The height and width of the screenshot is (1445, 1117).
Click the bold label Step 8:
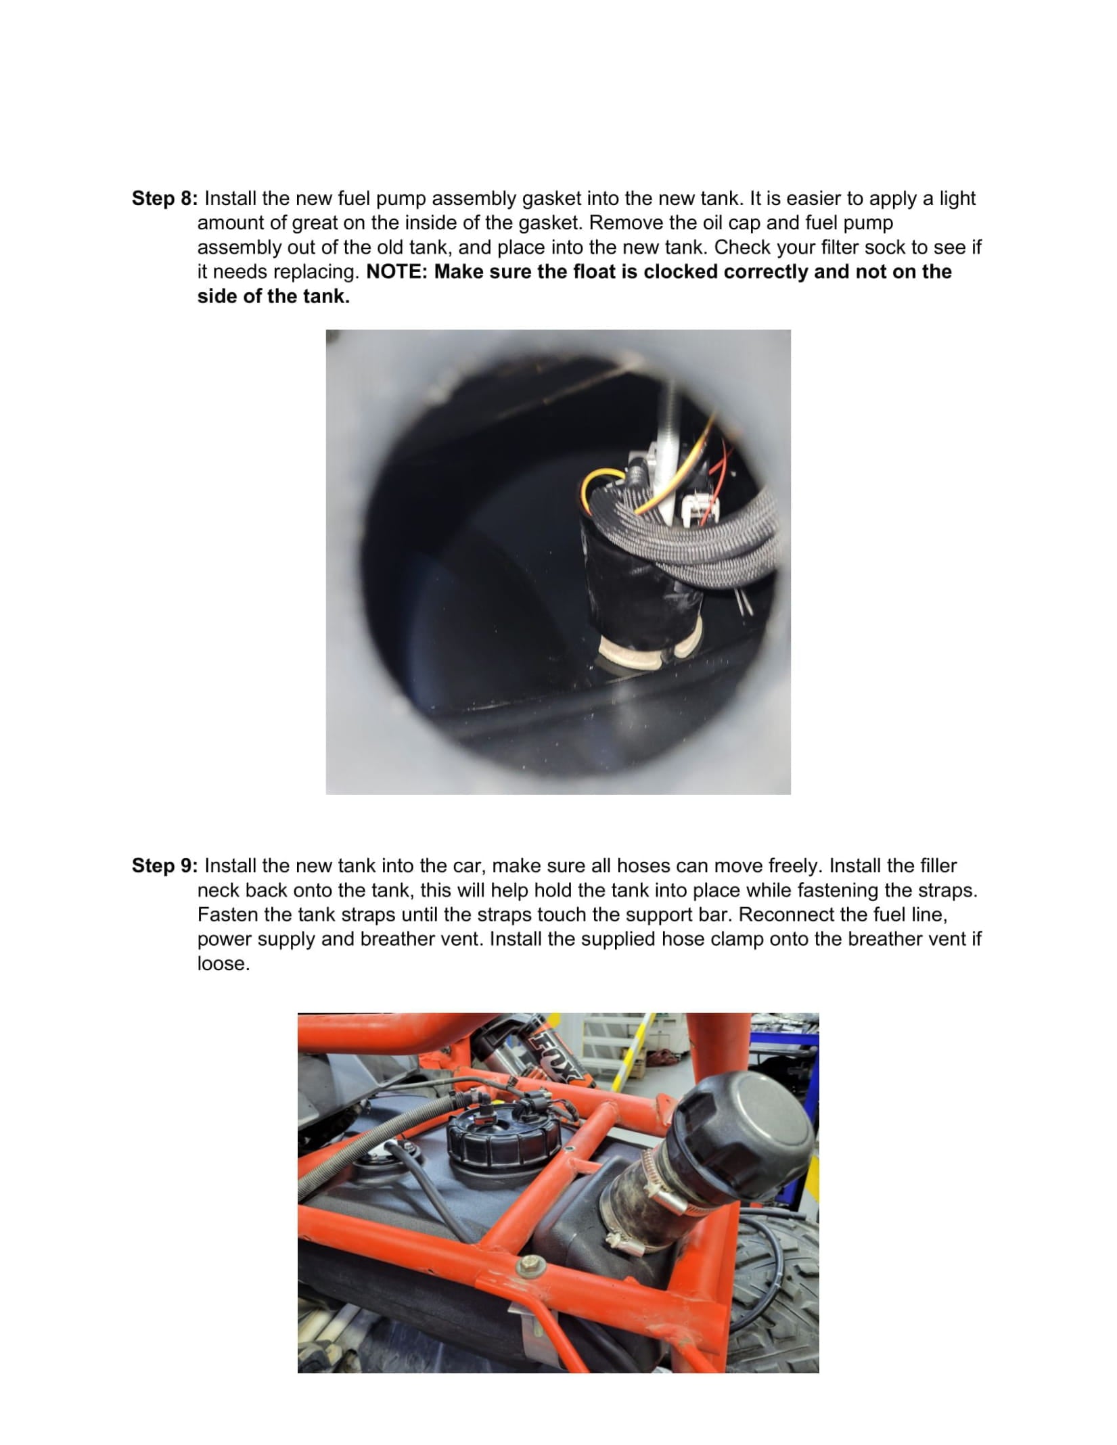[x=165, y=199]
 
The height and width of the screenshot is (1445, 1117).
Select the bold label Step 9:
[x=165, y=866]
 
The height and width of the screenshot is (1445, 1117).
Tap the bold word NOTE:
[x=397, y=272]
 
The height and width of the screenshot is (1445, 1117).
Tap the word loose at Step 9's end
[x=223, y=963]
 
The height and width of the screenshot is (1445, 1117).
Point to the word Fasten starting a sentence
[x=228, y=915]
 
